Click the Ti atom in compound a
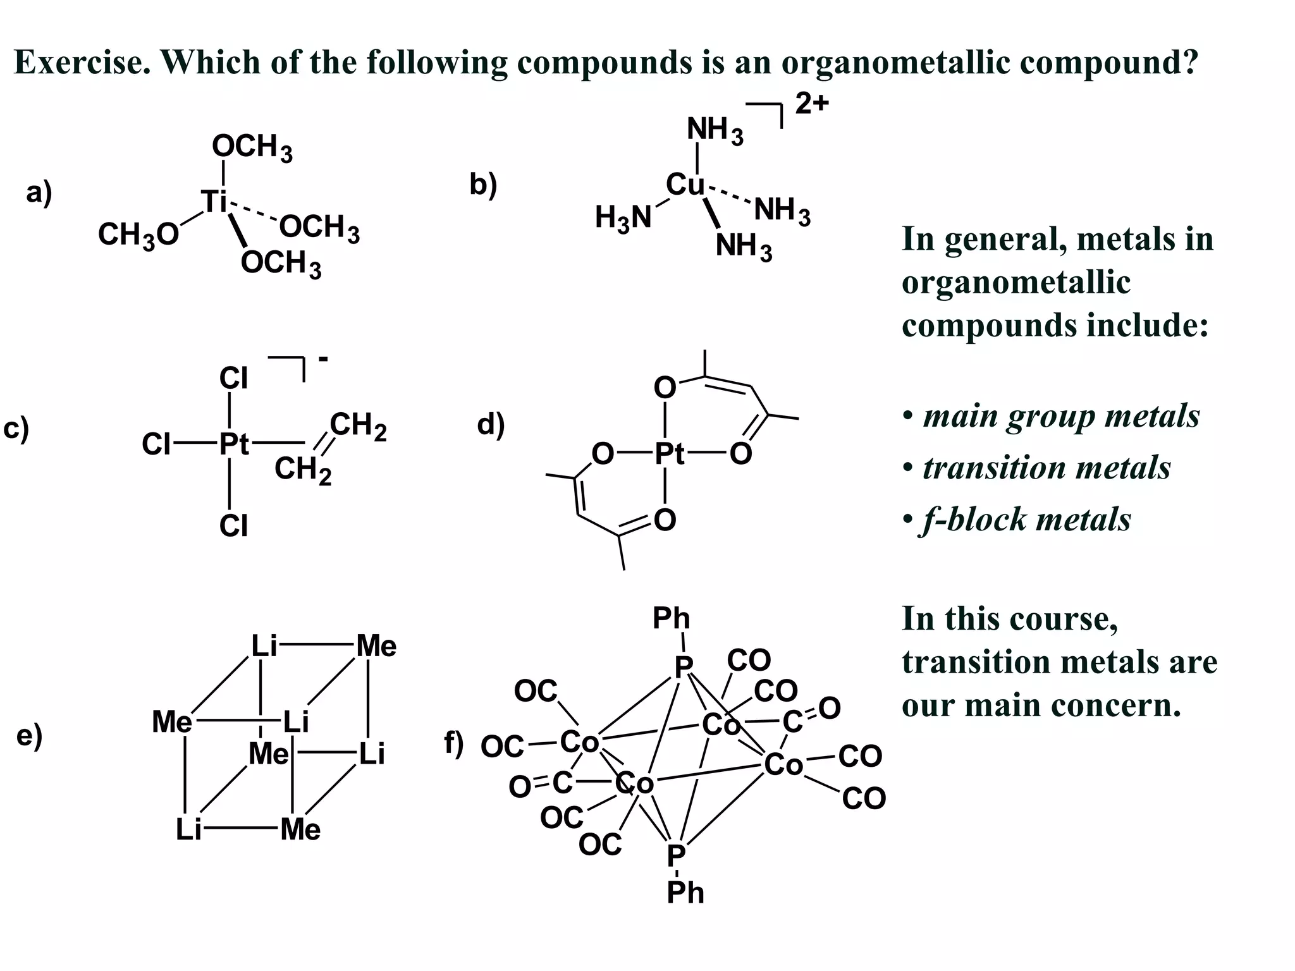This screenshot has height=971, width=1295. (x=214, y=202)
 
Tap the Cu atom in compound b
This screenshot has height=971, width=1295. (x=685, y=185)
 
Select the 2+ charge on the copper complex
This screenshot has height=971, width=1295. (x=811, y=103)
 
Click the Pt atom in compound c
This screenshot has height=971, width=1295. (x=234, y=444)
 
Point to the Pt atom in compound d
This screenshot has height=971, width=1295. (x=669, y=453)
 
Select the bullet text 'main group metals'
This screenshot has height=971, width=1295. (x=1061, y=416)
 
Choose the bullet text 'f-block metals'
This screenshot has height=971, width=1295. (x=1026, y=520)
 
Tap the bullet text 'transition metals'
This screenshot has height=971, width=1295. (x=1046, y=468)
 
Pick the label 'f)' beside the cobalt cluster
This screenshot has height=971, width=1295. (x=453, y=743)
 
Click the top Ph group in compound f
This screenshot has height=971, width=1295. (x=671, y=618)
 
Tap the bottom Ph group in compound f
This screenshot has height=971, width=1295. (x=685, y=893)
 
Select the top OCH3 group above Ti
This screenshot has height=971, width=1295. (x=252, y=147)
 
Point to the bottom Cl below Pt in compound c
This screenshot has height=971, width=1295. (x=233, y=526)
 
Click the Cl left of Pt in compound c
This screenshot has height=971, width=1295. (x=156, y=444)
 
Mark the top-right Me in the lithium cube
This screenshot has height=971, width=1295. (x=377, y=646)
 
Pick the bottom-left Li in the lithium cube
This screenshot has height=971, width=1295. (x=188, y=829)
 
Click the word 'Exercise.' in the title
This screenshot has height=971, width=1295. (x=82, y=62)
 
